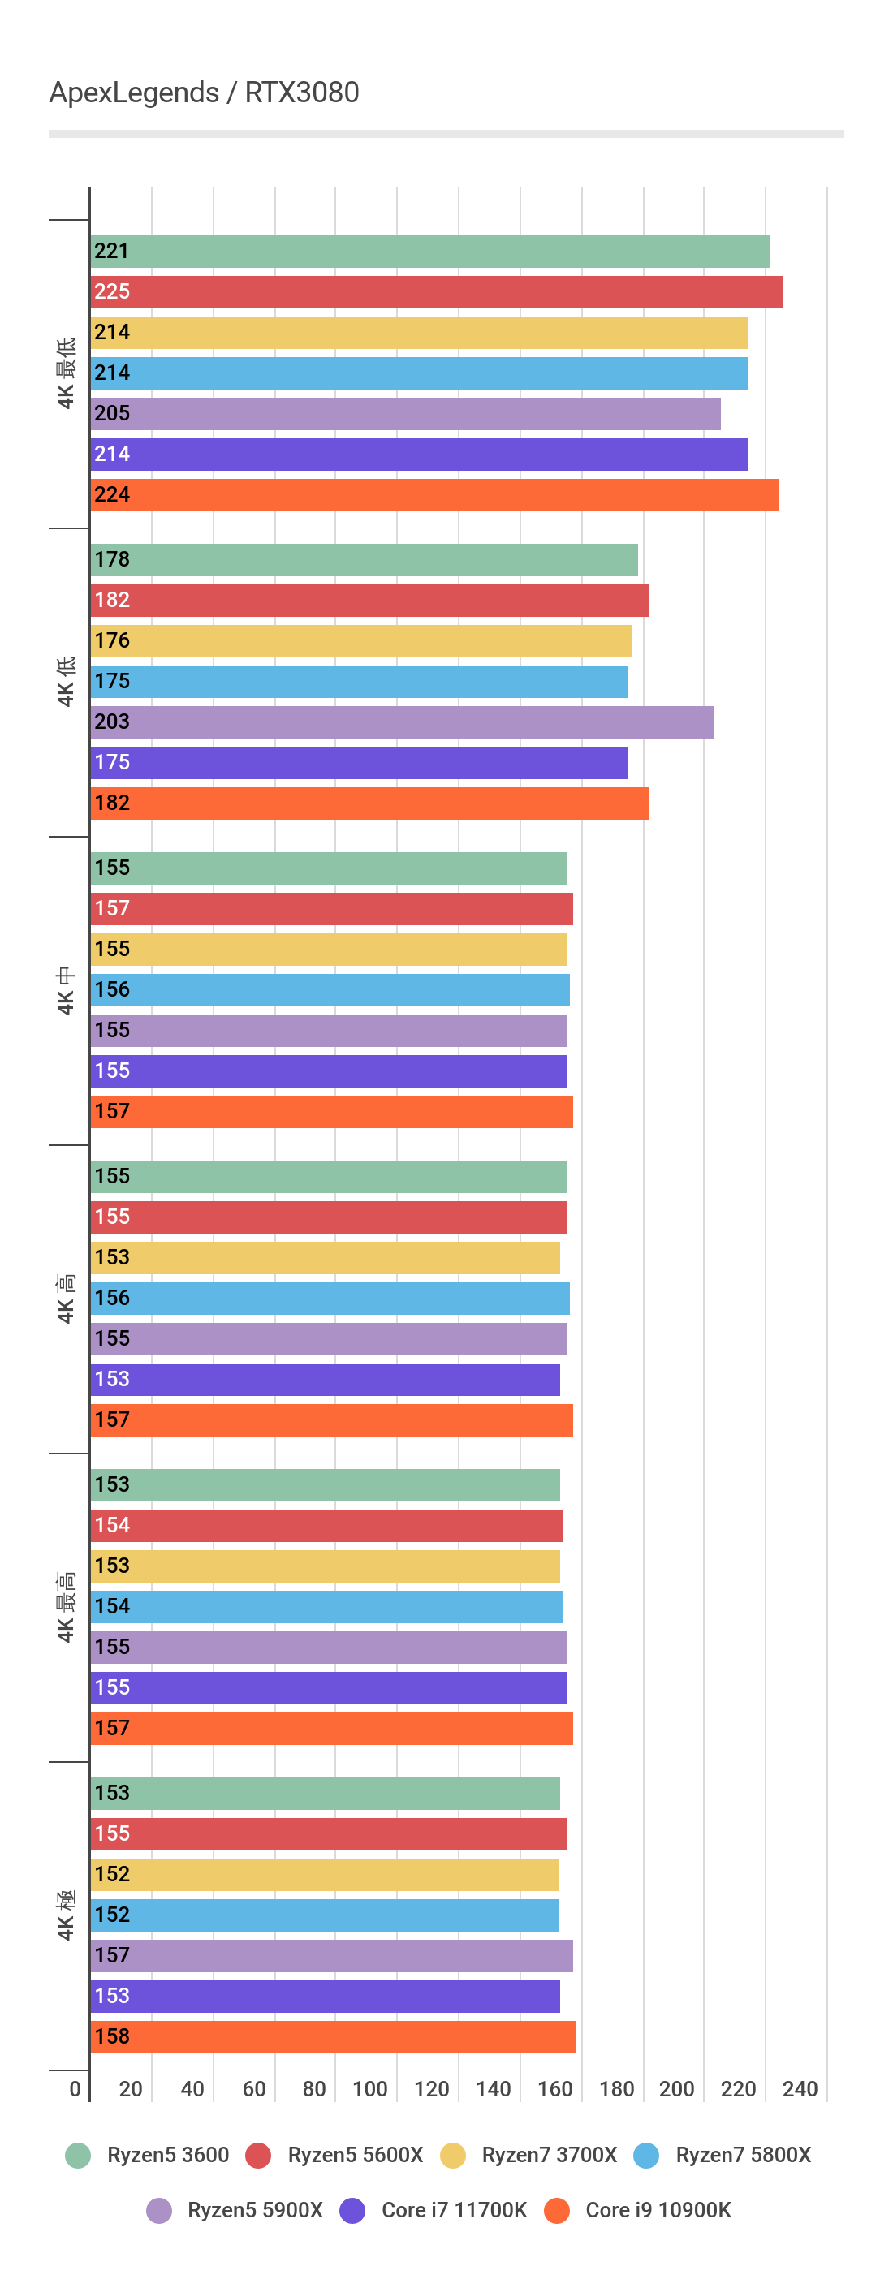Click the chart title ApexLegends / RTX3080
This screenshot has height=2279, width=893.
(x=204, y=92)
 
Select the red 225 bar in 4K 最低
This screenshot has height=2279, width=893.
(x=435, y=292)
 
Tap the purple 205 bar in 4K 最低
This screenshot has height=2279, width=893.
(x=405, y=414)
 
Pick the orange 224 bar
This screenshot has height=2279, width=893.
(x=434, y=494)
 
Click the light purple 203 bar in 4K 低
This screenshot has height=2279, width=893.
(x=402, y=722)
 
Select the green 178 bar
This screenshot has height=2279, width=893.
(x=364, y=560)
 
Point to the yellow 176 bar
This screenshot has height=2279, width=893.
(x=360, y=641)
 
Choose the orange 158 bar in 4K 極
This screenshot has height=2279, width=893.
(x=333, y=2036)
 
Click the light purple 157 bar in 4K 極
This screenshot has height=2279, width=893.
(x=331, y=1955)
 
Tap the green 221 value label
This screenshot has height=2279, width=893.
(x=111, y=252)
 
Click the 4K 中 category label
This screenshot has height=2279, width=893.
(x=66, y=991)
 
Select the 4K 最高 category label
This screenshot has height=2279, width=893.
(x=66, y=1607)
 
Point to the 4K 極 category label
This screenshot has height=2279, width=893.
(x=66, y=1915)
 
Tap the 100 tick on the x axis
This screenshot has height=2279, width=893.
(x=370, y=2089)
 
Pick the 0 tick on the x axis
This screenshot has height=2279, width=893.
(x=75, y=2089)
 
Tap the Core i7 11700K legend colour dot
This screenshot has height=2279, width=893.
(x=352, y=2210)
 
